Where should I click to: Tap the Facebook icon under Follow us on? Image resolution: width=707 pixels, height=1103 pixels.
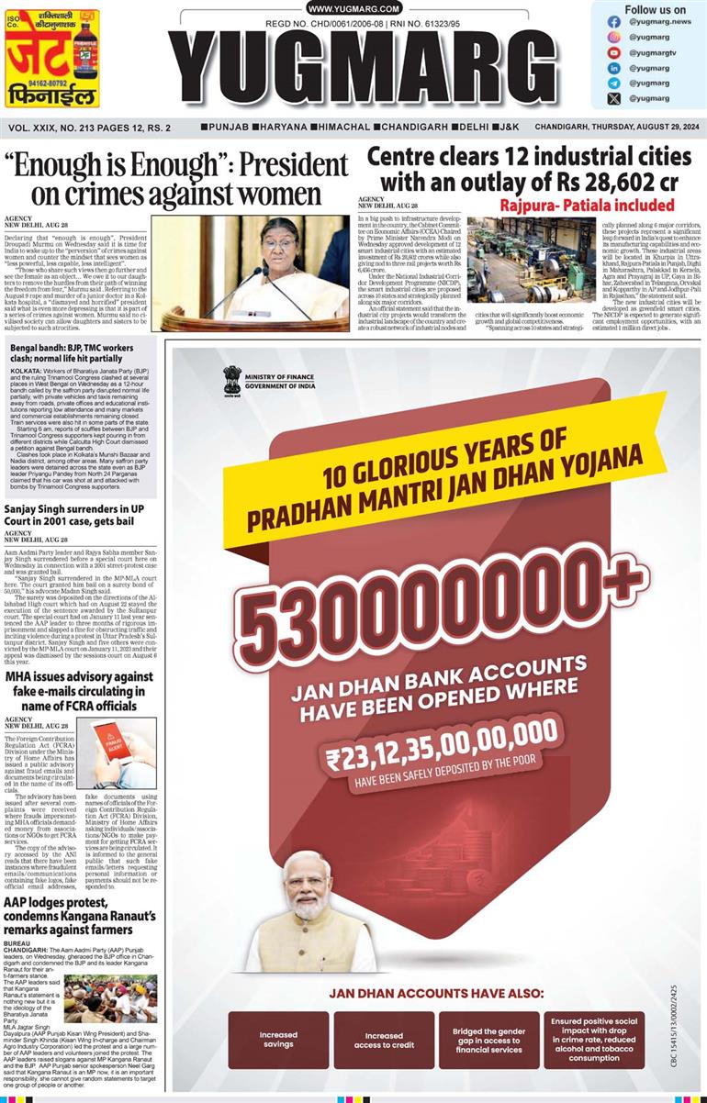(x=614, y=21)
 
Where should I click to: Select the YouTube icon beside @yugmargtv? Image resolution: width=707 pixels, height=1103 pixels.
(x=614, y=52)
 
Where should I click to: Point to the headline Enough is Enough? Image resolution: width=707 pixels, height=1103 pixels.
(x=176, y=179)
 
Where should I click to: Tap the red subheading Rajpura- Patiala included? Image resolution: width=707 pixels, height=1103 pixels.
(x=588, y=205)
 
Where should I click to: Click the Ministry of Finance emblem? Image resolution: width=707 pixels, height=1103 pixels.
(x=232, y=379)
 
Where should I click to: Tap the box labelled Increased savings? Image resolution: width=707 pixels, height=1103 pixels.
(x=277, y=1040)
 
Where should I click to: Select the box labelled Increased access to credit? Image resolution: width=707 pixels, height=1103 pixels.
(x=384, y=1040)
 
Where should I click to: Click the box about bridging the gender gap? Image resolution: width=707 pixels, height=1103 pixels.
(x=488, y=1040)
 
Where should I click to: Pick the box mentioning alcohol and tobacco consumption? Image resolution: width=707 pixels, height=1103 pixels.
(x=593, y=1040)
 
